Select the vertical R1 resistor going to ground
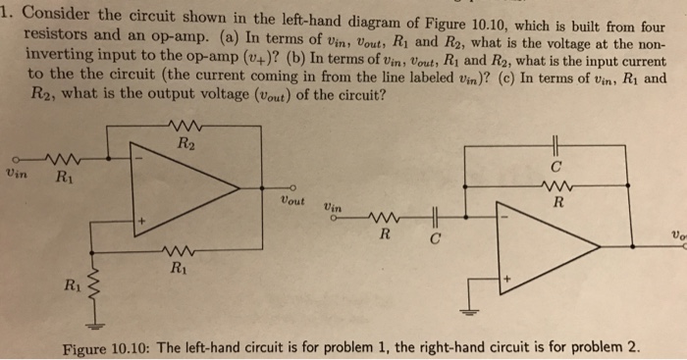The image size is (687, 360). pyautogui.click(x=94, y=285)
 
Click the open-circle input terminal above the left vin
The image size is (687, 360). pyautogui.click(x=9, y=158)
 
